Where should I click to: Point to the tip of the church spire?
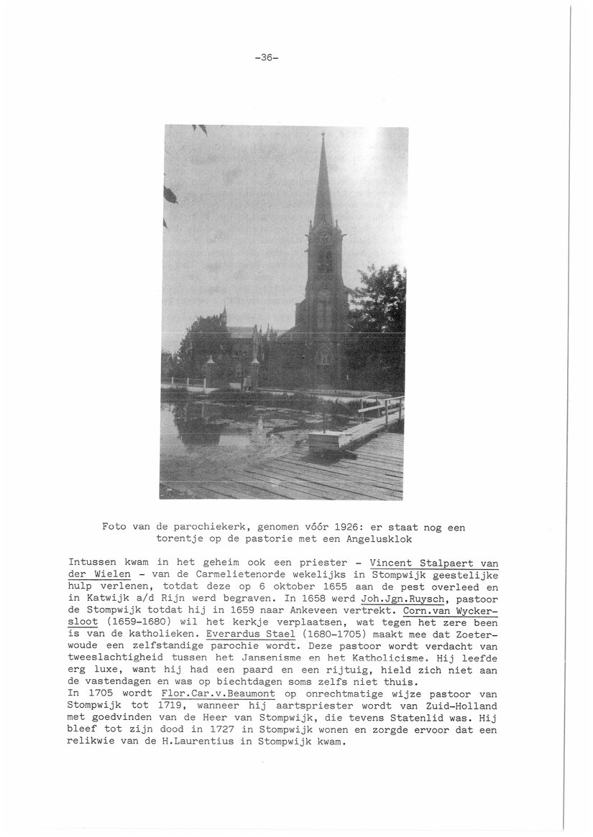pos(323,134)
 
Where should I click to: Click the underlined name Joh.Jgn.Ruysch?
pos(402,599)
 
